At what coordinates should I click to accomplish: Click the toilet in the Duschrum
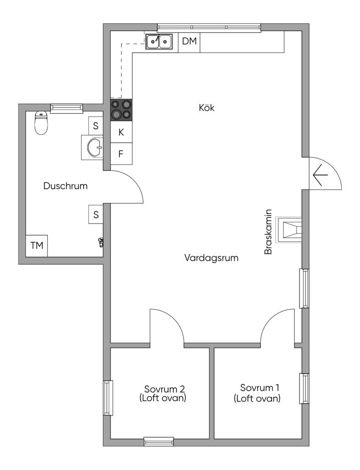coord(41,123)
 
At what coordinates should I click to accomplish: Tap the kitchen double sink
coord(159,41)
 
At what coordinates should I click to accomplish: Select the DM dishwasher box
coord(189,41)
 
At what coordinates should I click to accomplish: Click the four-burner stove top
coord(121,110)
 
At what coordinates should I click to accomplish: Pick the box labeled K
coord(121,132)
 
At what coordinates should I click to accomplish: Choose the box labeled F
coord(121,154)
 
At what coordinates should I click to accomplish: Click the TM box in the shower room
coord(37,246)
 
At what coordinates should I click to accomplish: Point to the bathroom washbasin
coord(92,147)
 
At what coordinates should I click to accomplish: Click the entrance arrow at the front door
coord(320,175)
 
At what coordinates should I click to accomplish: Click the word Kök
coord(207,107)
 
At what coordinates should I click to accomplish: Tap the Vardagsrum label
coord(211,258)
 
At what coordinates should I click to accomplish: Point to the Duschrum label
coord(66,186)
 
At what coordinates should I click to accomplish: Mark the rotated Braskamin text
coord(268,232)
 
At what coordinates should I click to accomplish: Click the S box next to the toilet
coord(96,126)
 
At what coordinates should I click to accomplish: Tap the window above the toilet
coord(66,108)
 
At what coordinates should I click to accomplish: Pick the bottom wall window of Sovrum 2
coord(159,441)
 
